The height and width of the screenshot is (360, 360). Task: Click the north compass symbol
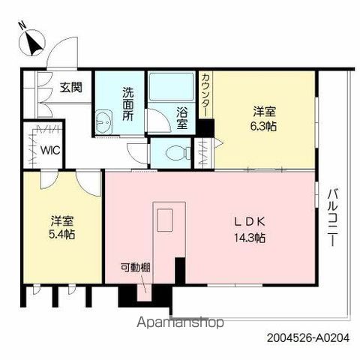(x=32, y=43)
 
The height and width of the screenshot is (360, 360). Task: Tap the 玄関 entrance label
(x=71, y=87)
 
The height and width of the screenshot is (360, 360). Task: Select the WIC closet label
(x=51, y=151)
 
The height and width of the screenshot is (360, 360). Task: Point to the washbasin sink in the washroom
(x=104, y=122)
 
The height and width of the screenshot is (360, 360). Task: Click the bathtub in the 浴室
(x=172, y=87)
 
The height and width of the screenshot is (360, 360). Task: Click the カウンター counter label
(x=205, y=95)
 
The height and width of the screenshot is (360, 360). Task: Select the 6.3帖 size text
(x=264, y=127)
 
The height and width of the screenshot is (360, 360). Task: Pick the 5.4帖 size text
(x=61, y=235)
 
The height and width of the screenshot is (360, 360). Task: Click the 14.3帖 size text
(x=250, y=238)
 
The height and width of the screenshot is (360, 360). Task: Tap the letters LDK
(x=249, y=221)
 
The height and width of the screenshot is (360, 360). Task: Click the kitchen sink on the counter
(x=165, y=220)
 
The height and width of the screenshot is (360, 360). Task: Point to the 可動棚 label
(x=136, y=268)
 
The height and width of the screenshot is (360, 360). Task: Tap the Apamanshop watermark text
(x=180, y=322)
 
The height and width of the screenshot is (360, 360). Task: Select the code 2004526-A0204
(x=308, y=338)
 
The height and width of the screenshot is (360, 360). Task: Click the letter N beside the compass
(x=22, y=25)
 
